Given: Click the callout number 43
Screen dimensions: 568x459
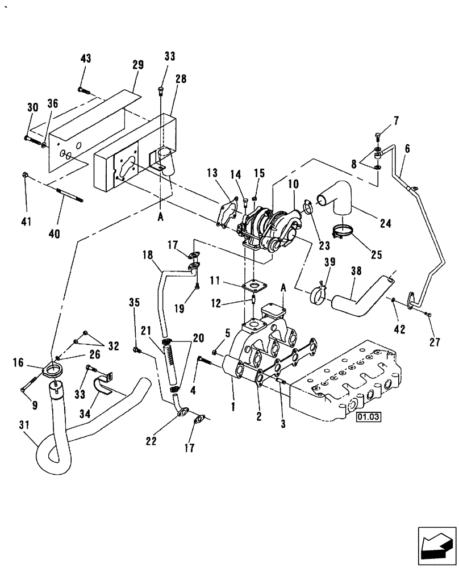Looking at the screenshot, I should coord(86,59).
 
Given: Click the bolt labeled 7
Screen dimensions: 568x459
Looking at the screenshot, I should coord(378,136).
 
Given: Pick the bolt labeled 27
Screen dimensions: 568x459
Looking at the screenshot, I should coord(428,314).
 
